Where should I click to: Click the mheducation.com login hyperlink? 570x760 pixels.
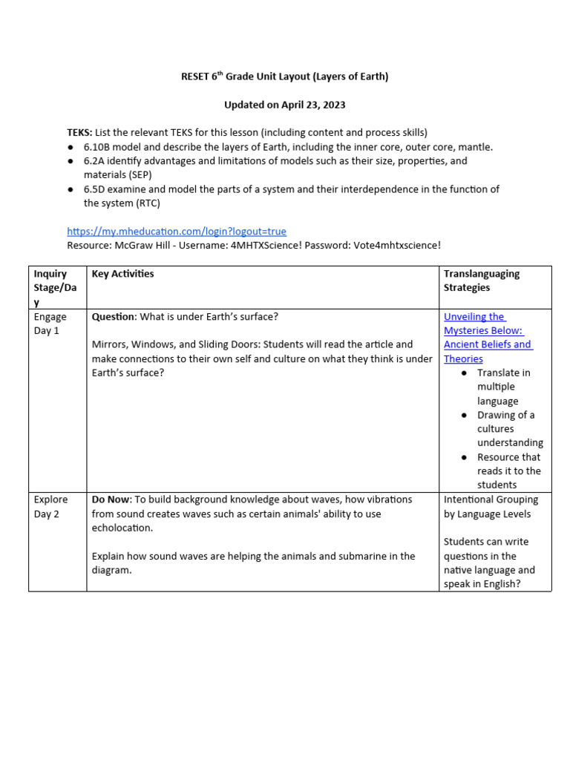click(x=176, y=232)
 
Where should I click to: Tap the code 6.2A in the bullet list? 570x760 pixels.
click(x=96, y=161)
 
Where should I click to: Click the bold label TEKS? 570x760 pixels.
click(x=79, y=133)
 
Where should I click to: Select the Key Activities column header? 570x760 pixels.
click(x=122, y=274)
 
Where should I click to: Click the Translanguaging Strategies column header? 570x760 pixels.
click(x=482, y=281)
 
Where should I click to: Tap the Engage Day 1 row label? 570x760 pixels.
click(x=50, y=324)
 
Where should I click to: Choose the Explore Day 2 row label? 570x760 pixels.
click(x=50, y=506)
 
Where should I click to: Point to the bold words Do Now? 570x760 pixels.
click(x=111, y=499)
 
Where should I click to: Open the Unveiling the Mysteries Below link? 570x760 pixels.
click(x=487, y=338)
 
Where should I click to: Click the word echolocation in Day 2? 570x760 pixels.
click(x=122, y=528)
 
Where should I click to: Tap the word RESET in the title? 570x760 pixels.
click(x=196, y=76)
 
